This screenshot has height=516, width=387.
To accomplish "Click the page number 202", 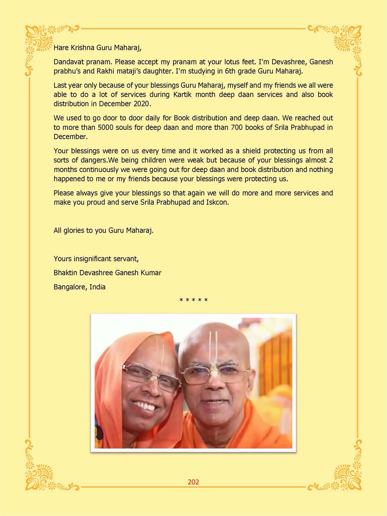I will point(193,482).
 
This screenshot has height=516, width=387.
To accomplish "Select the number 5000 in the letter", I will point(105,127).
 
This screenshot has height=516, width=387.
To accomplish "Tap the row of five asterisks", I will point(193,300).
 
